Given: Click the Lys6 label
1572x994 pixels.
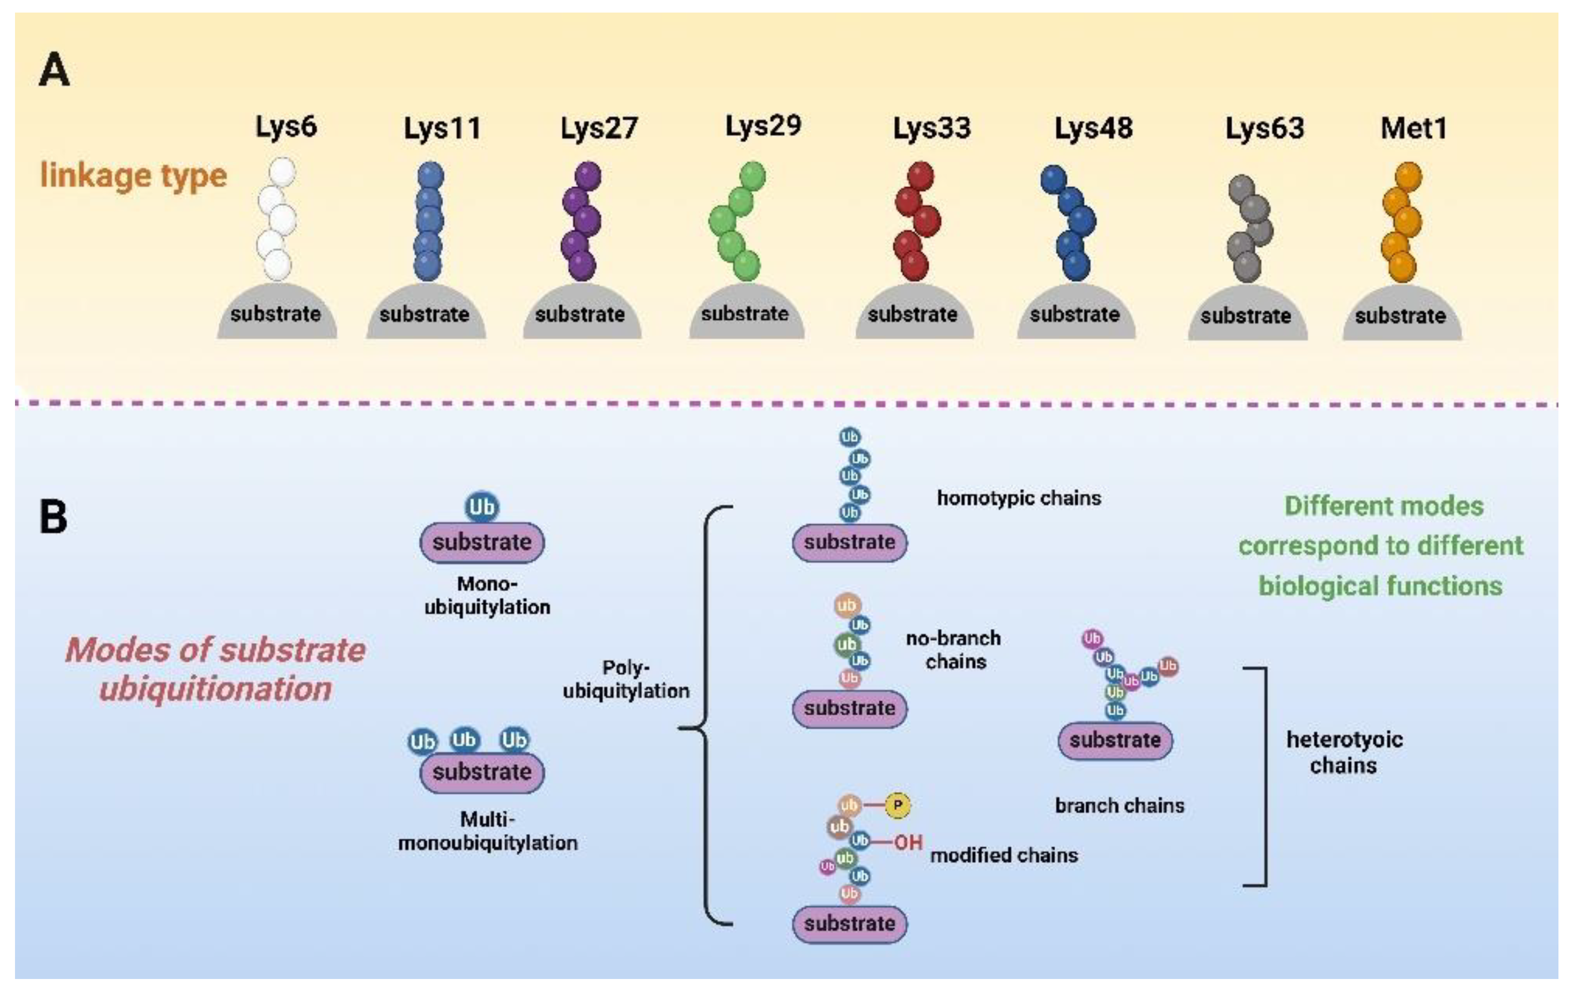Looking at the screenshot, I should click(x=285, y=127).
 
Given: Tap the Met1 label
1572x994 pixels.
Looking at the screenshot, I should click(x=1413, y=128).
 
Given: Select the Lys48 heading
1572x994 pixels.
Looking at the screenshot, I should click(x=1093, y=128).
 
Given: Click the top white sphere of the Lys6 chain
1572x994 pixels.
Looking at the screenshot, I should click(x=282, y=172).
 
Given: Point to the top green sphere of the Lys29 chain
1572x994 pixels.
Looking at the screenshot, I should click(x=753, y=176).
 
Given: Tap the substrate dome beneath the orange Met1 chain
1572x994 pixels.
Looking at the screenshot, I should click(x=1401, y=316).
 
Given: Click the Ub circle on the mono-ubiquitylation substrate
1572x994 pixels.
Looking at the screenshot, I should click(x=482, y=507).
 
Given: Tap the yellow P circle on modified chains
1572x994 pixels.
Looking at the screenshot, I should click(x=898, y=805).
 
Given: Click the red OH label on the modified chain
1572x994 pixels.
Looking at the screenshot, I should click(x=908, y=843).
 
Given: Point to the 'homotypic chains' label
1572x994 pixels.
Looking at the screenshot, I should click(x=1018, y=499).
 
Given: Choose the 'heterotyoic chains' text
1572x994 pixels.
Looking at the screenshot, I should click(x=1344, y=752).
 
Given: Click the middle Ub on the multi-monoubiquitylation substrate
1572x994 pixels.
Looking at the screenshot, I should click(x=464, y=740).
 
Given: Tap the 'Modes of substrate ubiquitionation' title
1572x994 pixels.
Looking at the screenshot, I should click(x=215, y=669).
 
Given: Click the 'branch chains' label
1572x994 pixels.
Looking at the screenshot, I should click(x=1119, y=805).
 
